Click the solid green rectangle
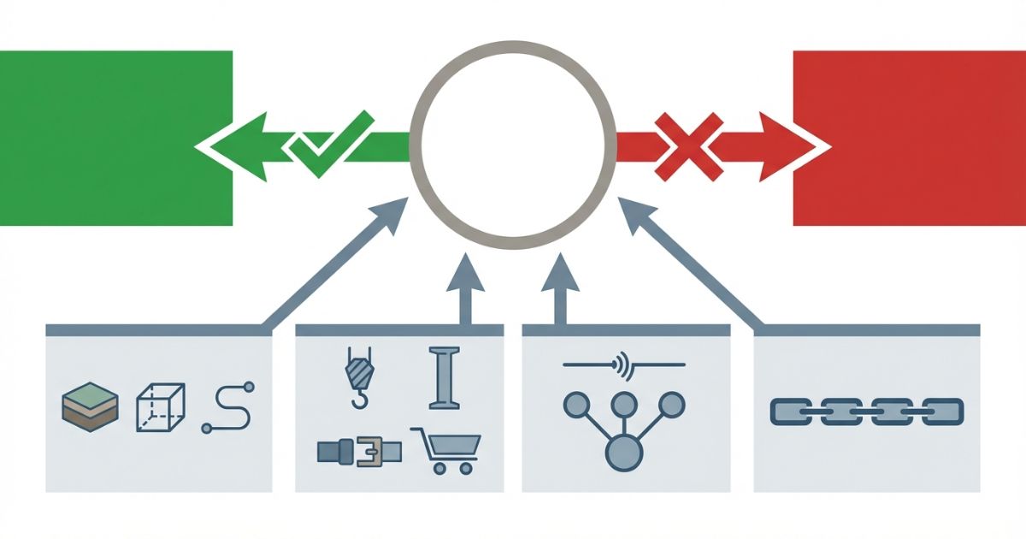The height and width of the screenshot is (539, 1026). (115, 137)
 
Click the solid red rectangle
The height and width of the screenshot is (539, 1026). (911, 137)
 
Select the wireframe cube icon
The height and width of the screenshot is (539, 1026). (160, 407)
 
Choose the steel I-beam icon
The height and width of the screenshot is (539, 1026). (443, 376)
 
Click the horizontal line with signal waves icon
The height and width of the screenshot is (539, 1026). (624, 366)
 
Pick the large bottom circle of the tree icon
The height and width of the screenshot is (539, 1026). (621, 453)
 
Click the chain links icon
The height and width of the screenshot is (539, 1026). (866, 411)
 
